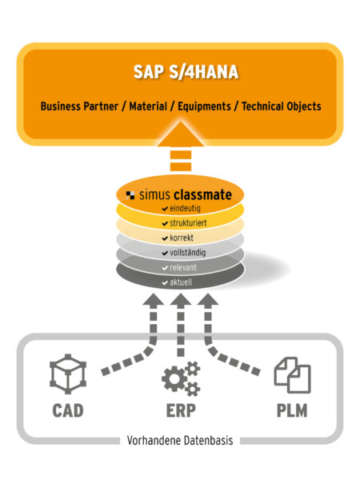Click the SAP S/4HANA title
(186, 72)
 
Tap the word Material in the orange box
(148, 106)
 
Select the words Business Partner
(79, 106)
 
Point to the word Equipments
(204, 106)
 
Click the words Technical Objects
(282, 106)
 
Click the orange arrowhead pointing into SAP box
(181, 134)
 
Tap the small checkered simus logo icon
(130, 195)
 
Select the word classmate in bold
(202, 194)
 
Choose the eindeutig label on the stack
(185, 208)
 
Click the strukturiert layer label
(188, 223)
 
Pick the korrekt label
(182, 238)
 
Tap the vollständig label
(188, 253)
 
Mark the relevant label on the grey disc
(183, 267)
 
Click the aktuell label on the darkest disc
(181, 282)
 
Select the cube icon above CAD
(68, 374)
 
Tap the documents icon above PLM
(292, 375)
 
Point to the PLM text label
(292, 410)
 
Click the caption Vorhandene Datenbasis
(180, 441)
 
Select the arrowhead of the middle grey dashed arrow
(181, 300)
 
